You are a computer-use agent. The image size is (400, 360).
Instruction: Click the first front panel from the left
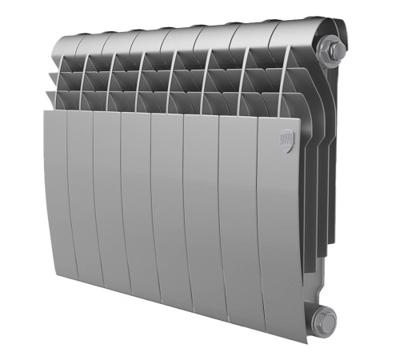tap(56, 192)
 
